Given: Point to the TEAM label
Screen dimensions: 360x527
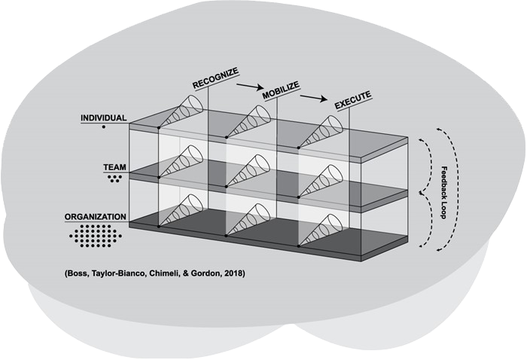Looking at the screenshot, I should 114,169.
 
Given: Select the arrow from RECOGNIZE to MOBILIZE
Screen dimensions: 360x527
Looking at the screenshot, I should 248,87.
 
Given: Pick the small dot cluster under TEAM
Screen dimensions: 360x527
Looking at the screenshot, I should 114,179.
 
